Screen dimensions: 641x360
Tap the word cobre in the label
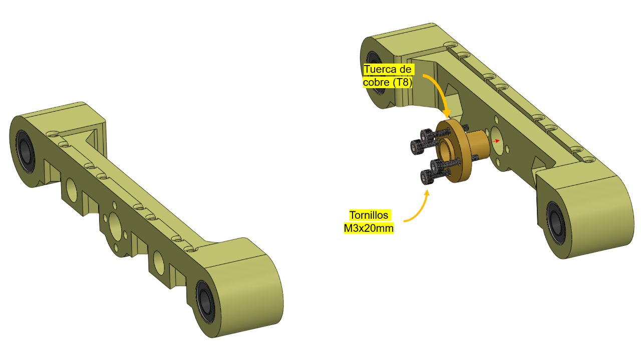376,83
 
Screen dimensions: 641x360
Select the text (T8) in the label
402,83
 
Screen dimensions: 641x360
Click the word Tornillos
369,215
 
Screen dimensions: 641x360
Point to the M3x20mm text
369,228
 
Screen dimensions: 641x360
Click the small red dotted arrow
495,141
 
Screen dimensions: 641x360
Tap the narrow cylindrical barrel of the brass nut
478,145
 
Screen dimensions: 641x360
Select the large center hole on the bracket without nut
115,225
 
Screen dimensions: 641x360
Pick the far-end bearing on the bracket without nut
26,152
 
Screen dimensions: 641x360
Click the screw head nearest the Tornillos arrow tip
426,177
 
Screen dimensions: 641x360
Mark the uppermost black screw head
426,135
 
